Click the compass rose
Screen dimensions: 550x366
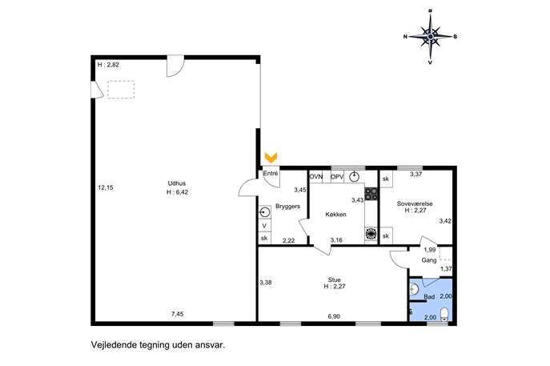431,36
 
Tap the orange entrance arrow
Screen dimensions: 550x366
271,158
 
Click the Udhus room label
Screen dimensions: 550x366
177,183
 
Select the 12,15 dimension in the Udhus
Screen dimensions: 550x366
106,187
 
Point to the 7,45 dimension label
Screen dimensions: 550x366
178,314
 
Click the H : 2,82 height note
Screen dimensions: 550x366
108,65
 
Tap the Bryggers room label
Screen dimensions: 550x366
287,207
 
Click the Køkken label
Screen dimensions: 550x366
335,215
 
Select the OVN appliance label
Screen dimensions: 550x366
316,176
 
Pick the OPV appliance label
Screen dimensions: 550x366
337,176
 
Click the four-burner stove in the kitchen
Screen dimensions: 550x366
371,194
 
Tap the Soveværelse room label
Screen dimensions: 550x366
415,203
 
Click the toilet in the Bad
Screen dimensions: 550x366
444,314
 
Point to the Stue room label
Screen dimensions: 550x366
335,280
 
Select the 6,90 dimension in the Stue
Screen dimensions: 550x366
334,316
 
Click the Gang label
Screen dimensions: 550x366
429,260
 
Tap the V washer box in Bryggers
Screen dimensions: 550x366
264,226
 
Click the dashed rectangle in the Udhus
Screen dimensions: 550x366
121,90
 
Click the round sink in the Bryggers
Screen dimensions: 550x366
264,213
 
